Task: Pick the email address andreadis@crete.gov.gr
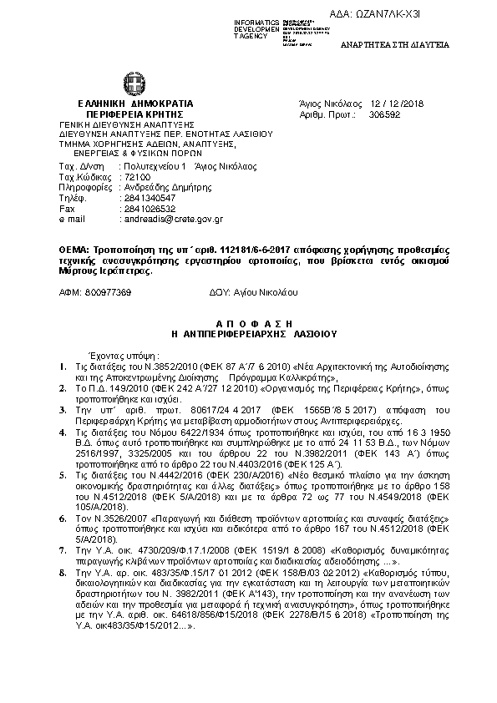171,219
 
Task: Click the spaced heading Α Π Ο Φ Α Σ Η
251,321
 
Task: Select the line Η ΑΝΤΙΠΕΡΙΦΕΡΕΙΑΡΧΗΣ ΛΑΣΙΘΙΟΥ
251,331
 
